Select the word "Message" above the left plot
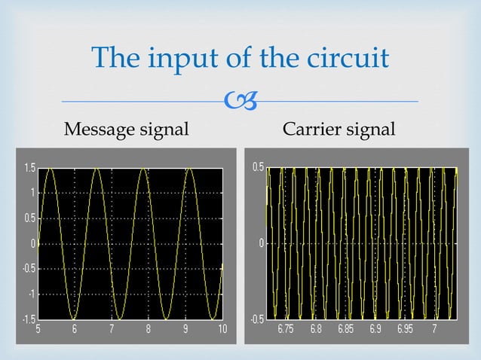(x=100, y=130)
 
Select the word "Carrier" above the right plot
(x=311, y=130)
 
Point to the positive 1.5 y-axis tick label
(x=27, y=167)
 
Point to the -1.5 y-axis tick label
(x=26, y=319)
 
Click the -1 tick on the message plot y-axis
(x=29, y=294)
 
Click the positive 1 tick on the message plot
(x=32, y=193)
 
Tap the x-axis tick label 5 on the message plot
(x=39, y=329)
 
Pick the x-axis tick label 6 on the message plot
(x=75, y=329)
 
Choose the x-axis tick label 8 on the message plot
(x=149, y=329)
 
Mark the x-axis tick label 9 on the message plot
(x=185, y=329)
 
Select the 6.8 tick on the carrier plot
(x=316, y=329)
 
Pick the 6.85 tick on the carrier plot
(x=346, y=329)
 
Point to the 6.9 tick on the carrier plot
(x=376, y=329)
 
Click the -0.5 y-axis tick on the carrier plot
(x=258, y=319)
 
